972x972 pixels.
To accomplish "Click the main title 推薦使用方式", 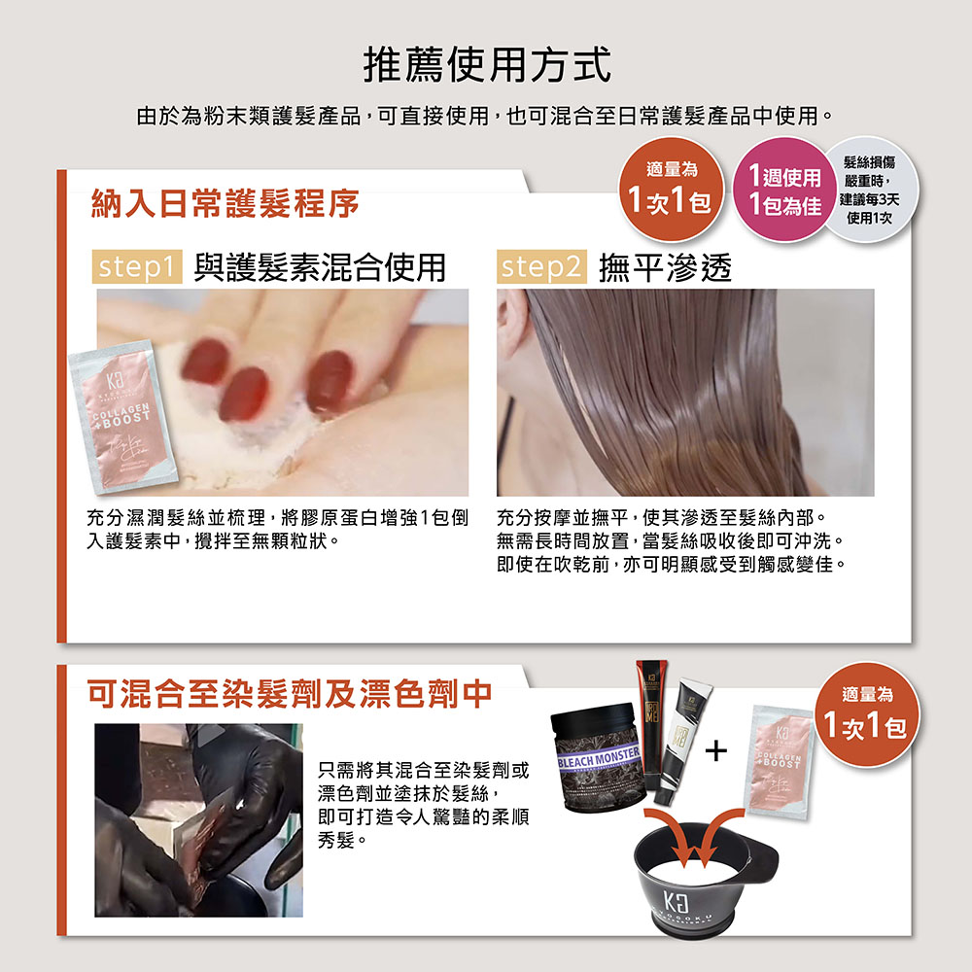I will [487, 65].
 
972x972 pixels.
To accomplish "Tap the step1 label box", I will [137, 267].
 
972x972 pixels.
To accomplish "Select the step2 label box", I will [541, 267].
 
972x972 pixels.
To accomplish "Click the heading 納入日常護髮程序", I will [225, 203].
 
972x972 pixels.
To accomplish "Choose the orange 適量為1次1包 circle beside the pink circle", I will [674, 189].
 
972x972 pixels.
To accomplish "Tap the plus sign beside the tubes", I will [717, 750].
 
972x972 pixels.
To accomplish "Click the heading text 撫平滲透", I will [665, 267].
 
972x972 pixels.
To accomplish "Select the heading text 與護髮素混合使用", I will [321, 267].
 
